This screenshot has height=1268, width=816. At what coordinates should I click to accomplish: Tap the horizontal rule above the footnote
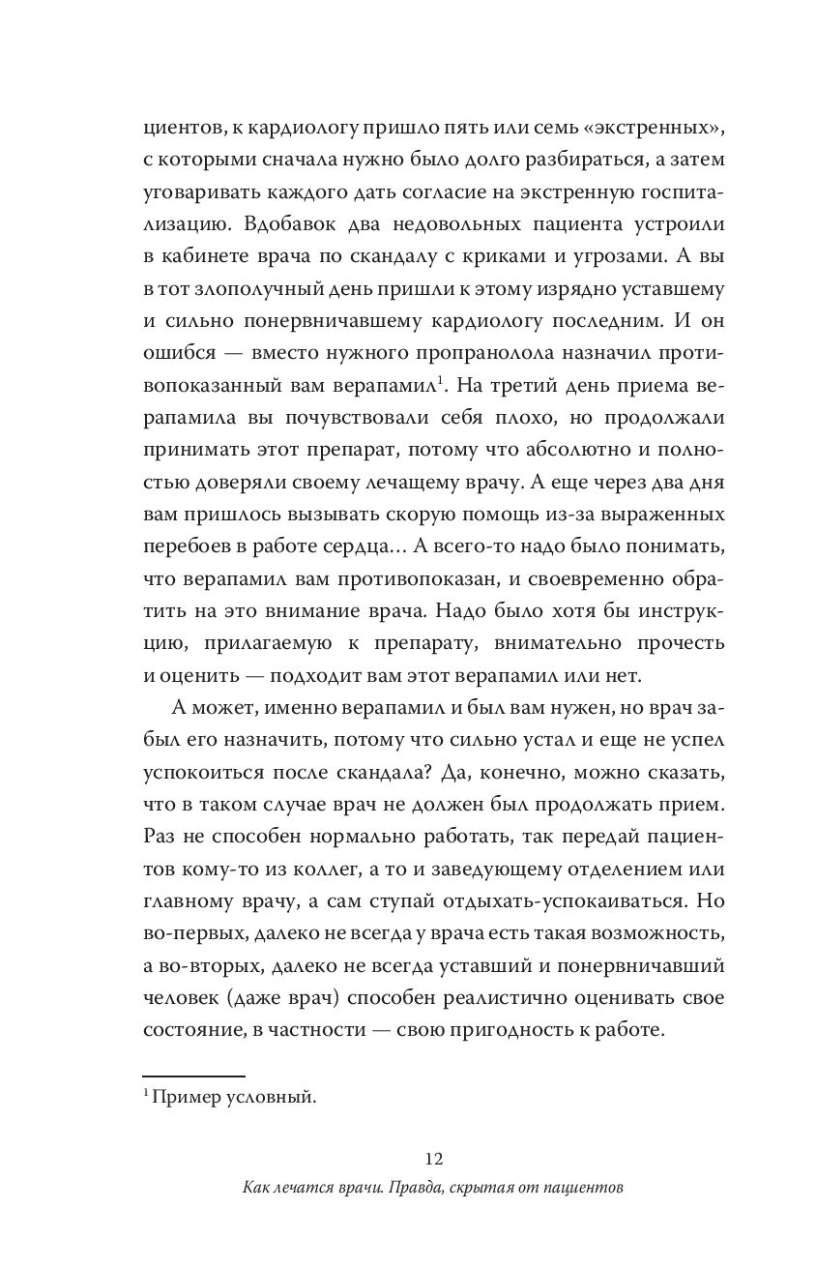coord(193,1075)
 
